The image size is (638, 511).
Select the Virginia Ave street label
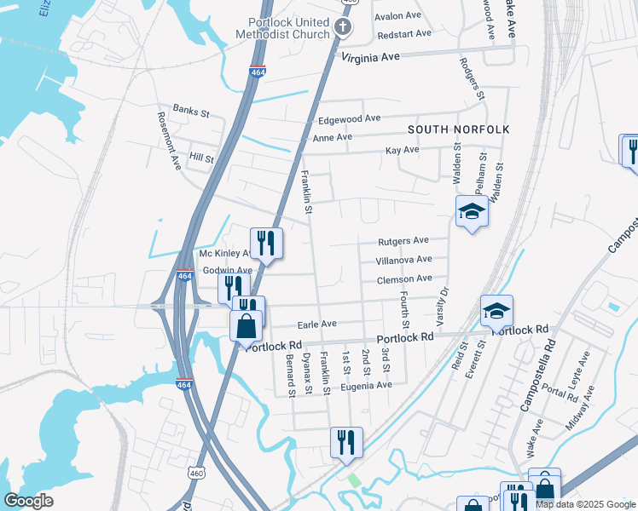coord(371,58)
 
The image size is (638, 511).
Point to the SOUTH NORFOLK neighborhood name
coord(458,129)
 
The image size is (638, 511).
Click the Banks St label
coord(191,109)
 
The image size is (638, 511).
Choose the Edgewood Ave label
coord(349,119)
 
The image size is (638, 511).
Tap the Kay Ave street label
coord(403,150)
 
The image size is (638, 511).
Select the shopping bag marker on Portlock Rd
coord(246,325)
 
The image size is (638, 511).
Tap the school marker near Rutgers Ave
coord(471,210)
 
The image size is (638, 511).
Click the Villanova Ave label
coord(404,260)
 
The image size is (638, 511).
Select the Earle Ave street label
coord(316,324)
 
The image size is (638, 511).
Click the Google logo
coord(29,500)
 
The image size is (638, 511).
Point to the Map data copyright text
coord(584,504)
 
